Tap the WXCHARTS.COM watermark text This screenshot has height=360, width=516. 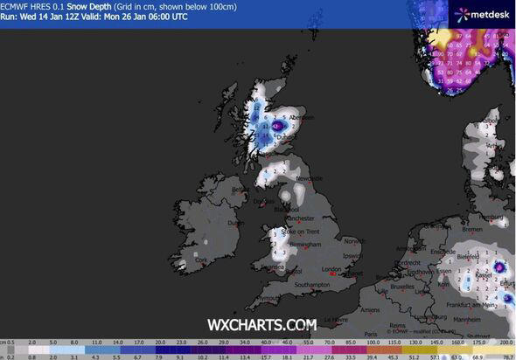click(x=261, y=324)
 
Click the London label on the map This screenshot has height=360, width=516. click(x=331, y=269)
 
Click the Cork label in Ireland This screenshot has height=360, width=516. click(x=203, y=260)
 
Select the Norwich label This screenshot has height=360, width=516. click(x=353, y=240)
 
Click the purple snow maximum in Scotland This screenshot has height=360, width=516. click(x=276, y=126)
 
